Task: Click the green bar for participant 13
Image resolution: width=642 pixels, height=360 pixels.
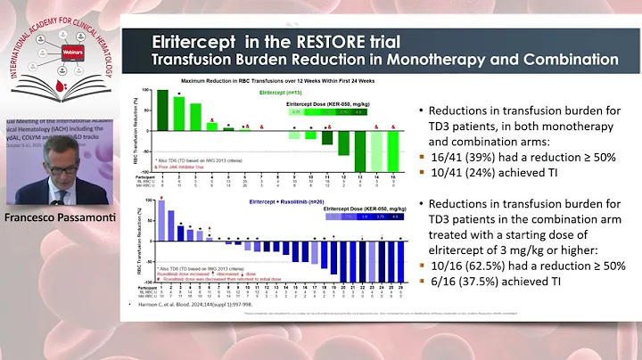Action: coord(361,146)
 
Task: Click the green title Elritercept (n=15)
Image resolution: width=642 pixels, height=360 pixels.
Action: coord(284,91)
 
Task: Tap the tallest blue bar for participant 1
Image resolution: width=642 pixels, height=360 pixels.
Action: coord(160,219)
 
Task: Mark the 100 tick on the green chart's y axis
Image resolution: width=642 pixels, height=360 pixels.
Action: coord(152,91)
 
